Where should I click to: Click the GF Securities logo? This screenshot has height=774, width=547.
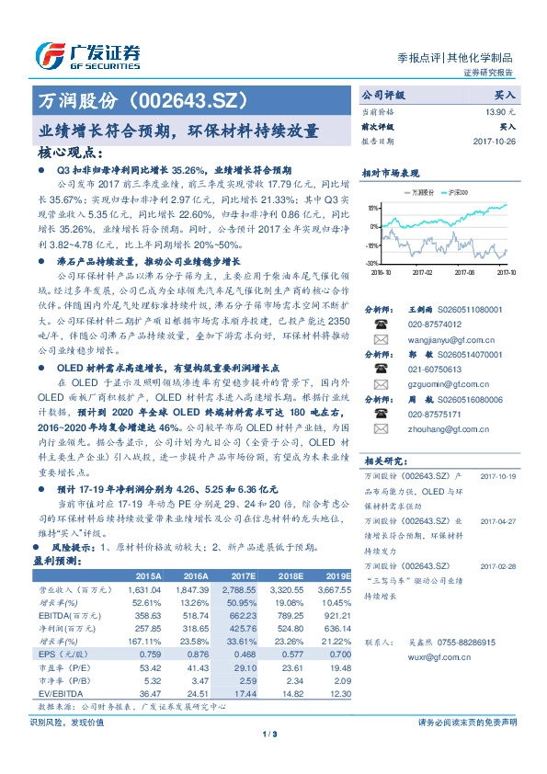coord(88,55)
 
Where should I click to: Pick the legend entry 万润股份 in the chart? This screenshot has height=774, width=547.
coord(424,193)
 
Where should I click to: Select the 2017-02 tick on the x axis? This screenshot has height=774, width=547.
coord(423,273)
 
